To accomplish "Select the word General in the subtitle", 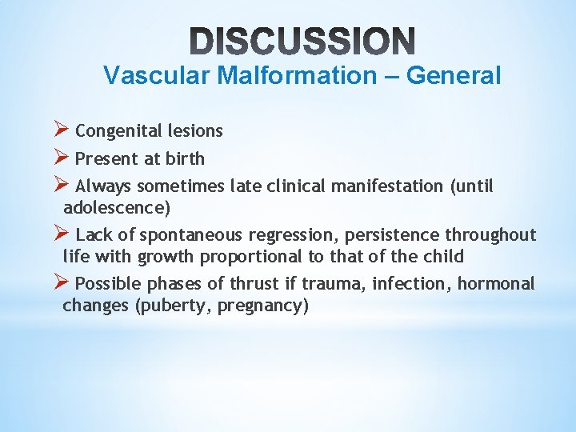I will click(x=454, y=76).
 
